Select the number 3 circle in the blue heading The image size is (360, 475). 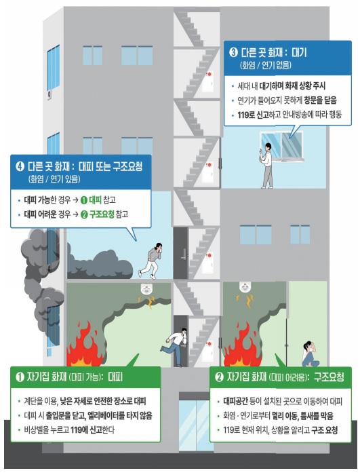pos(233,52)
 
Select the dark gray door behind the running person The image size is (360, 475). pos(180,251)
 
